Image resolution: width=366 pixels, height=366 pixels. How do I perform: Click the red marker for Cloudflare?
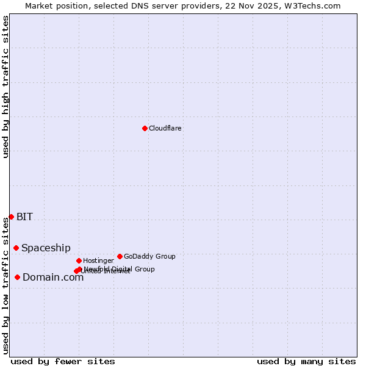pyautogui.click(x=145, y=128)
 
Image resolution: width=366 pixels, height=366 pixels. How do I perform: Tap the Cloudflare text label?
pyautogui.click(x=165, y=128)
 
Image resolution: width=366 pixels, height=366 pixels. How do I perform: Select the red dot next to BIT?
pyautogui.click(x=11, y=217)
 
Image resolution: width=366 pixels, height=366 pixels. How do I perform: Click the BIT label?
pyautogui.click(x=24, y=217)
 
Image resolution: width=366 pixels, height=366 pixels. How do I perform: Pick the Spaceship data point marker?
pyautogui.click(x=16, y=248)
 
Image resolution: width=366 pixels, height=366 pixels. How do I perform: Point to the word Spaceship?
pyautogui.click(x=46, y=248)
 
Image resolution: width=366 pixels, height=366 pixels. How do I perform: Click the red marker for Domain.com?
pyautogui.click(x=17, y=277)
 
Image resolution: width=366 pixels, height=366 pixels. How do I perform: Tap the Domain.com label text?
pyautogui.click(x=53, y=277)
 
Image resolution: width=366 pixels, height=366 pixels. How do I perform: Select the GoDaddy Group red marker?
pyautogui.click(x=120, y=256)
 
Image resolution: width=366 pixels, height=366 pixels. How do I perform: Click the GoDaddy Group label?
pyautogui.click(x=149, y=256)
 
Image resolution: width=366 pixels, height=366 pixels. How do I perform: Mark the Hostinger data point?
pyautogui.click(x=79, y=260)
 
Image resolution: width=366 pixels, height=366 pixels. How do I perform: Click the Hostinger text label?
pyautogui.click(x=98, y=260)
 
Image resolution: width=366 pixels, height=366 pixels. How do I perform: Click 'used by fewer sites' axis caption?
pyautogui.click(x=63, y=361)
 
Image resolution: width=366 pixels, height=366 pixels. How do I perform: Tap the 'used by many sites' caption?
pyautogui.click(x=306, y=361)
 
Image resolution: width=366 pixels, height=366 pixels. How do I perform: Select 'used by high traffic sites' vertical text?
pyautogui.click(x=5, y=87)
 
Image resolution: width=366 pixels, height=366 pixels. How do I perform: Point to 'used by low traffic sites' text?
pyautogui.click(x=5, y=285)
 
